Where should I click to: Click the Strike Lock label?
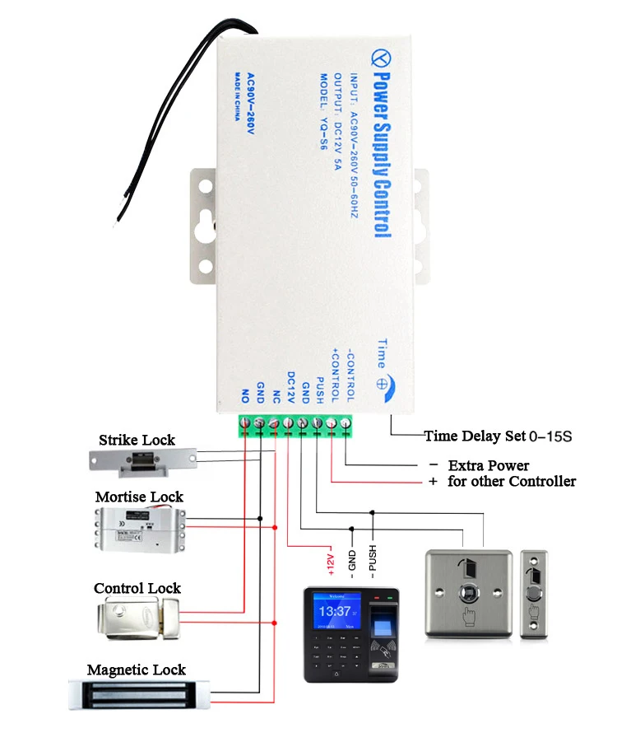click(137, 440)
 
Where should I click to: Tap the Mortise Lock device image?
click(139, 528)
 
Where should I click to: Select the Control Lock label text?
click(137, 588)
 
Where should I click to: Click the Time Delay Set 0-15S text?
click(498, 436)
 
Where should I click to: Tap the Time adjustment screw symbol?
click(381, 383)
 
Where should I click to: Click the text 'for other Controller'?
click(512, 481)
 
